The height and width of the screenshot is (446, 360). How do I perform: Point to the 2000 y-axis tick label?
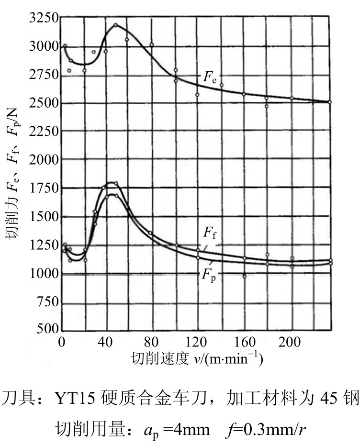(x=44, y=160)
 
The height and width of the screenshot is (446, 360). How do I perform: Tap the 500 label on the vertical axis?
(x=47, y=329)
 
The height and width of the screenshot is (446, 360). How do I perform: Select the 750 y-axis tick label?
(x=47, y=301)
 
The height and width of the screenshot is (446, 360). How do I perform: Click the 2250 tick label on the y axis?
(x=44, y=132)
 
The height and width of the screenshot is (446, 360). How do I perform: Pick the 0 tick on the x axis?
(x=61, y=342)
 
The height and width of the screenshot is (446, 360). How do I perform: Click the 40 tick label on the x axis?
(x=105, y=342)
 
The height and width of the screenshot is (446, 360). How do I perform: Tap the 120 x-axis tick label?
(x=195, y=342)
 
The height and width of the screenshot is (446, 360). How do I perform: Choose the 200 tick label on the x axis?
(x=290, y=342)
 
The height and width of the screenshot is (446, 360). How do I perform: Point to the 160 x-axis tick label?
(x=245, y=342)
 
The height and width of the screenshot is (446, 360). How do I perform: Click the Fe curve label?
(x=210, y=78)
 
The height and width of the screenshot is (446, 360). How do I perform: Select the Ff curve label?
(x=210, y=233)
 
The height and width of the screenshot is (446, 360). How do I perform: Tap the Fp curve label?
(x=209, y=275)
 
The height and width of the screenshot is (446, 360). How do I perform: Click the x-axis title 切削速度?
(x=160, y=358)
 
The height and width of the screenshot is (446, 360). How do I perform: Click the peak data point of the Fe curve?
(x=116, y=25)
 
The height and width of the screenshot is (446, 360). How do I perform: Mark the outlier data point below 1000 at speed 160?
(x=244, y=276)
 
